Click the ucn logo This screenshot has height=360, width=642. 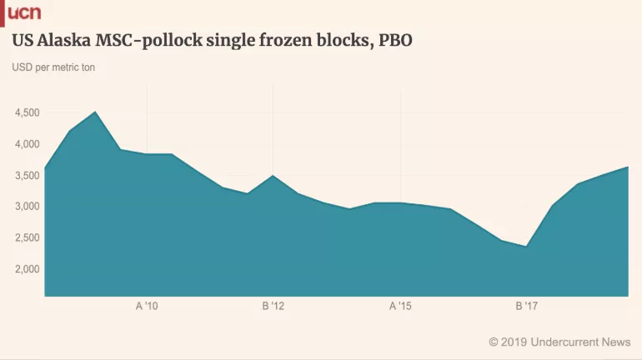(x=23, y=12)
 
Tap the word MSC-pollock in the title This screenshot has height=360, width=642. (x=167, y=40)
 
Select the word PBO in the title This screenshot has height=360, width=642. (x=395, y=40)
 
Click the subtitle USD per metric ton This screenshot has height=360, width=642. (x=54, y=67)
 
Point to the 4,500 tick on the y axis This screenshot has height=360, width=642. (x=26, y=112)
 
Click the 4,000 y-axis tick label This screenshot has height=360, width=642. (x=26, y=144)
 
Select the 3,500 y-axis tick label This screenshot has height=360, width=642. (x=26, y=175)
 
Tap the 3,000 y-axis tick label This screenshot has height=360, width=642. (x=26, y=207)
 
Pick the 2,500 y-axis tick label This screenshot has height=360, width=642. (x=26, y=237)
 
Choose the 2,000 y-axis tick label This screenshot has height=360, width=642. (x=26, y=269)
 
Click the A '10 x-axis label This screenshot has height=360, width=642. (x=147, y=307)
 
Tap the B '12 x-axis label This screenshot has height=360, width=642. (x=273, y=307)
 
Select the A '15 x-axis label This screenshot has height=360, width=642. (x=400, y=307)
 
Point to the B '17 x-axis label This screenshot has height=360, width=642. (x=527, y=307)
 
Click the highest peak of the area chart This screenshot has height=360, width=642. (x=95, y=112)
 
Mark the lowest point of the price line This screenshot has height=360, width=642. (x=526, y=246)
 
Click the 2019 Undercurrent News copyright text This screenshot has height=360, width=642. (x=559, y=342)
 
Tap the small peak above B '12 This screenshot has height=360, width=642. (x=273, y=176)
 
